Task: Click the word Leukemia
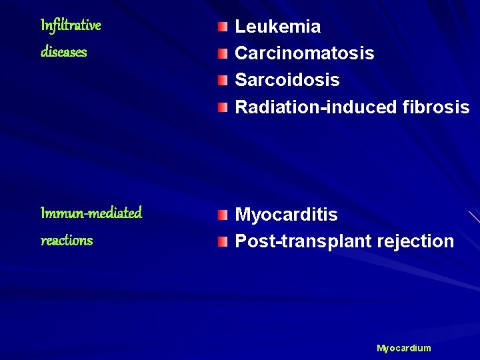[278, 27]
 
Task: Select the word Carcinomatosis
[305, 53]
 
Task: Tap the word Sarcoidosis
[287, 80]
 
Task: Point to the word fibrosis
[437, 107]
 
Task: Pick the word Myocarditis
[287, 215]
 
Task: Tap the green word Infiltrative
[71, 25]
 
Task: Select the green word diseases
[64, 52]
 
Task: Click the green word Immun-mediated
[91, 213]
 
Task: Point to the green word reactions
[67, 240]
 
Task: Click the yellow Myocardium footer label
[404, 348]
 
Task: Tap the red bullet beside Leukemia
[222, 27]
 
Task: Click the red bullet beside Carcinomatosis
[222, 53]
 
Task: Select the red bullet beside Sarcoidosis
[222, 80]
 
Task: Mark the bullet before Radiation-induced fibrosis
[222, 107]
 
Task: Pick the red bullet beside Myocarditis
[222, 215]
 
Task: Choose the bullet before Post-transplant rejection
[222, 241]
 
